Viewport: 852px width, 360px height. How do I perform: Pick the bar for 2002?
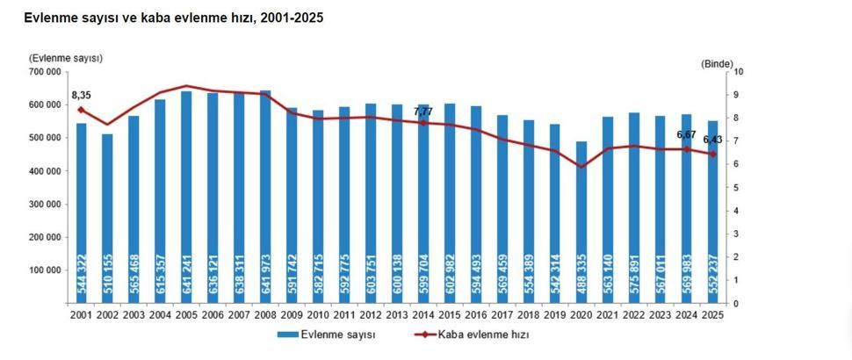(107, 220)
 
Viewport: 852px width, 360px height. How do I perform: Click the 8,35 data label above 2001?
(82, 95)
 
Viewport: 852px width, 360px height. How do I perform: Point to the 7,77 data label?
(423, 112)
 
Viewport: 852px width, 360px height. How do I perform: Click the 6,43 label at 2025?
(712, 140)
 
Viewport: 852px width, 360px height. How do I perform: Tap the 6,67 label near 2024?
(686, 134)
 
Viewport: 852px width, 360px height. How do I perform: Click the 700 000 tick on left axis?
(44, 71)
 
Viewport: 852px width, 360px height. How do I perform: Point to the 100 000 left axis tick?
(44, 270)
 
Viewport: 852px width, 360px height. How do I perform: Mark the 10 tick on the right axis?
(738, 72)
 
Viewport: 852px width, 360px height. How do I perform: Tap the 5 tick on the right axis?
(736, 188)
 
